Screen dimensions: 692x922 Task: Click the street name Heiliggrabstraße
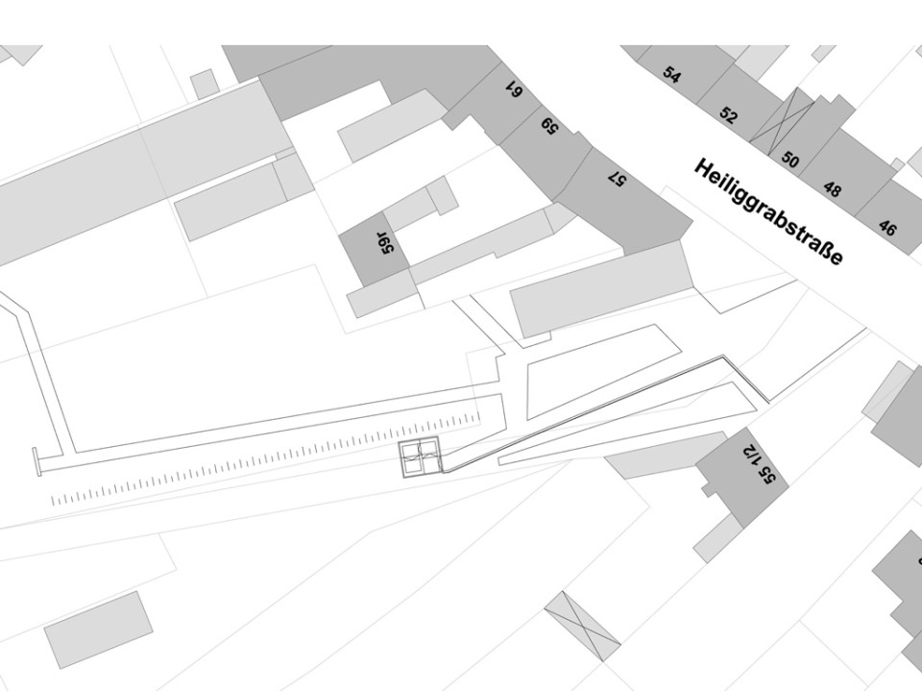coord(768,211)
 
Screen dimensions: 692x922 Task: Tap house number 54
coord(671,75)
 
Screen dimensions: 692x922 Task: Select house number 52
coord(729,116)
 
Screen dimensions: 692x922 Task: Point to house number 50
coord(790,159)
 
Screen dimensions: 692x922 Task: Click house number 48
coord(832,189)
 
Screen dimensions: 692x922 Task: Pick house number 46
coord(887,228)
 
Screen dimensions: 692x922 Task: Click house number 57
coord(617,178)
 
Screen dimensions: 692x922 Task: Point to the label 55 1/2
coord(756,461)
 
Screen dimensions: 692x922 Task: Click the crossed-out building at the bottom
coord(583,626)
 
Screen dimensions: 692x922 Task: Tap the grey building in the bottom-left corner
coord(98,629)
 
